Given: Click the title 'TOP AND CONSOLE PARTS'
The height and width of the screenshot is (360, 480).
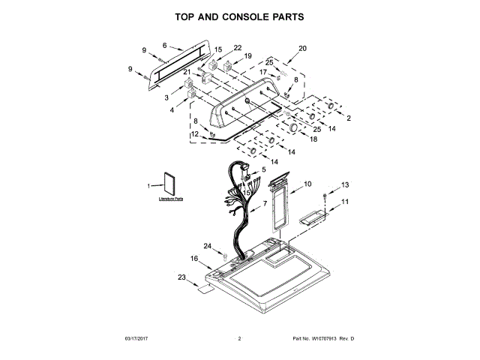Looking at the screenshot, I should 240,16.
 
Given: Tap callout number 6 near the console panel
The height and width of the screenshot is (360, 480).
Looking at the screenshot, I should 164,45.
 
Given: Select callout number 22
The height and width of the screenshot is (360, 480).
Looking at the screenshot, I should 238,48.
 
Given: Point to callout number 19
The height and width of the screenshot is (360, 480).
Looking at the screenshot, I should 248,56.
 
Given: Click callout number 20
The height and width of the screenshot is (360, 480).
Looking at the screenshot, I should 303,49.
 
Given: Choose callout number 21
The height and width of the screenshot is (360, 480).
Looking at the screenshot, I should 187,72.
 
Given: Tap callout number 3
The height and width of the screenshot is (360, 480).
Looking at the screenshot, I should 166,97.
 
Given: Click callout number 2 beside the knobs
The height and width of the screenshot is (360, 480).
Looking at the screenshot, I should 348,118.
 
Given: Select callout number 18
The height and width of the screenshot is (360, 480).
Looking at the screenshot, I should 313,139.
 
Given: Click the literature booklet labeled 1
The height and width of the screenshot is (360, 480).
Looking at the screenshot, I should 167,186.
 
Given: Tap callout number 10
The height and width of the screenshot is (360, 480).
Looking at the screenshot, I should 307,184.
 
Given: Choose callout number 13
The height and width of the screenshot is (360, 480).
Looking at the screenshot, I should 346,184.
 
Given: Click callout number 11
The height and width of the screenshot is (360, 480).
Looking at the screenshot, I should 346,202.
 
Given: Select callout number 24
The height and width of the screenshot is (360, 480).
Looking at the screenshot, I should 208,245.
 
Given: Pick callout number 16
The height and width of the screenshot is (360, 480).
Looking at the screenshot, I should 193,259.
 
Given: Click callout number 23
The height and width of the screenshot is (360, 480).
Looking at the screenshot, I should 181,277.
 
